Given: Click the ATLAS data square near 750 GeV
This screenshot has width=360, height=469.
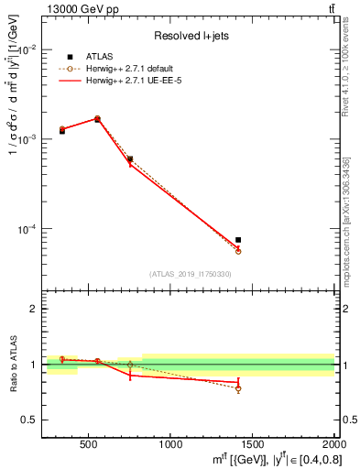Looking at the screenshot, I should pos(130,158).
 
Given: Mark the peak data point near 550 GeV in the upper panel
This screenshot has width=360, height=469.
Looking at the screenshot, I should pos(97,119).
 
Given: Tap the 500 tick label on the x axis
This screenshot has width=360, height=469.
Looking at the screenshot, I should pos(89,444).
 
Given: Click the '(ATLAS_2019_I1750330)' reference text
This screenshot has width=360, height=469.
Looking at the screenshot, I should pos(190,273).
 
